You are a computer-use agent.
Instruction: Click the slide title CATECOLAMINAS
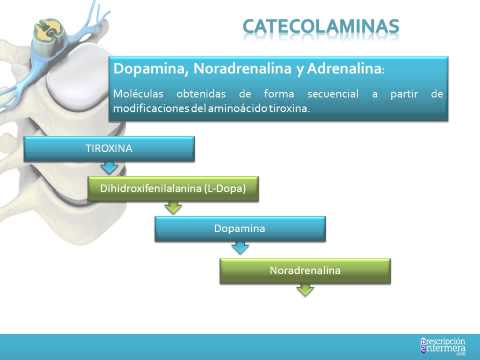point(321,24)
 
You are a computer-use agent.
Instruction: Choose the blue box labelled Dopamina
point(239,230)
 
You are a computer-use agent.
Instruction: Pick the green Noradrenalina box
point(305,270)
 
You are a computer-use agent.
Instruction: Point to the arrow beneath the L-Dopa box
point(174,207)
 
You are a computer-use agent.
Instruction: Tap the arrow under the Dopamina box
point(240,249)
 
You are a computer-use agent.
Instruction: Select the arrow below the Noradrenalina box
point(305,290)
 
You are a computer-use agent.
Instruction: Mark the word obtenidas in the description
point(210,94)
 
